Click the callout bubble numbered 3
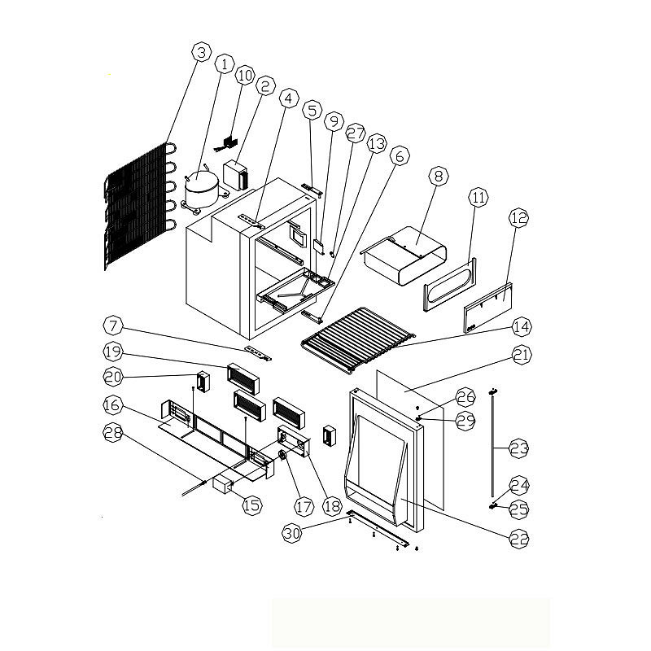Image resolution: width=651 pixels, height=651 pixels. (201, 53)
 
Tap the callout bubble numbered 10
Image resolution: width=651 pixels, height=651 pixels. (245, 76)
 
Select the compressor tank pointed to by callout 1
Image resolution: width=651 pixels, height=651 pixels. (201, 190)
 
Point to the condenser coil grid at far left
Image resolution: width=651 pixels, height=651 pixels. (140, 207)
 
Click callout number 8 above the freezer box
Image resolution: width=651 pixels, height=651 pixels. (439, 176)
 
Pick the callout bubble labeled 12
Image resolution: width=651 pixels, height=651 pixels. (518, 218)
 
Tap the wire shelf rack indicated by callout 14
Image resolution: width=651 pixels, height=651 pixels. (358, 339)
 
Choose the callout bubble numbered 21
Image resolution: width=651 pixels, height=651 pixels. (522, 355)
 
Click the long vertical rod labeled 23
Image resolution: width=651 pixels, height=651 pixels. (493, 443)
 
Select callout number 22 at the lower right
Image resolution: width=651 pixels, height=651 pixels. (519, 540)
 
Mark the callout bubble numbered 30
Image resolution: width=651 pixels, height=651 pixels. (292, 533)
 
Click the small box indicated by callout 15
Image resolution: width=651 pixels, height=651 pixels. (222, 485)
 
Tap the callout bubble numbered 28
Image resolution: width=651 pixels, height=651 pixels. (113, 433)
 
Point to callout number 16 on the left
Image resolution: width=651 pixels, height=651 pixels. (112, 404)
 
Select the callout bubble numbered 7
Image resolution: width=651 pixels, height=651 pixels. (113, 325)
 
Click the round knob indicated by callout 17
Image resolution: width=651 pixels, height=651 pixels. (282, 456)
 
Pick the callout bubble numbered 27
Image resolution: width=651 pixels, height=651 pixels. (356, 133)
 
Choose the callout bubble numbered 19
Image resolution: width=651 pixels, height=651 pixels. (112, 352)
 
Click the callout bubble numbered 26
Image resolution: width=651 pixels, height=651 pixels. (465, 397)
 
